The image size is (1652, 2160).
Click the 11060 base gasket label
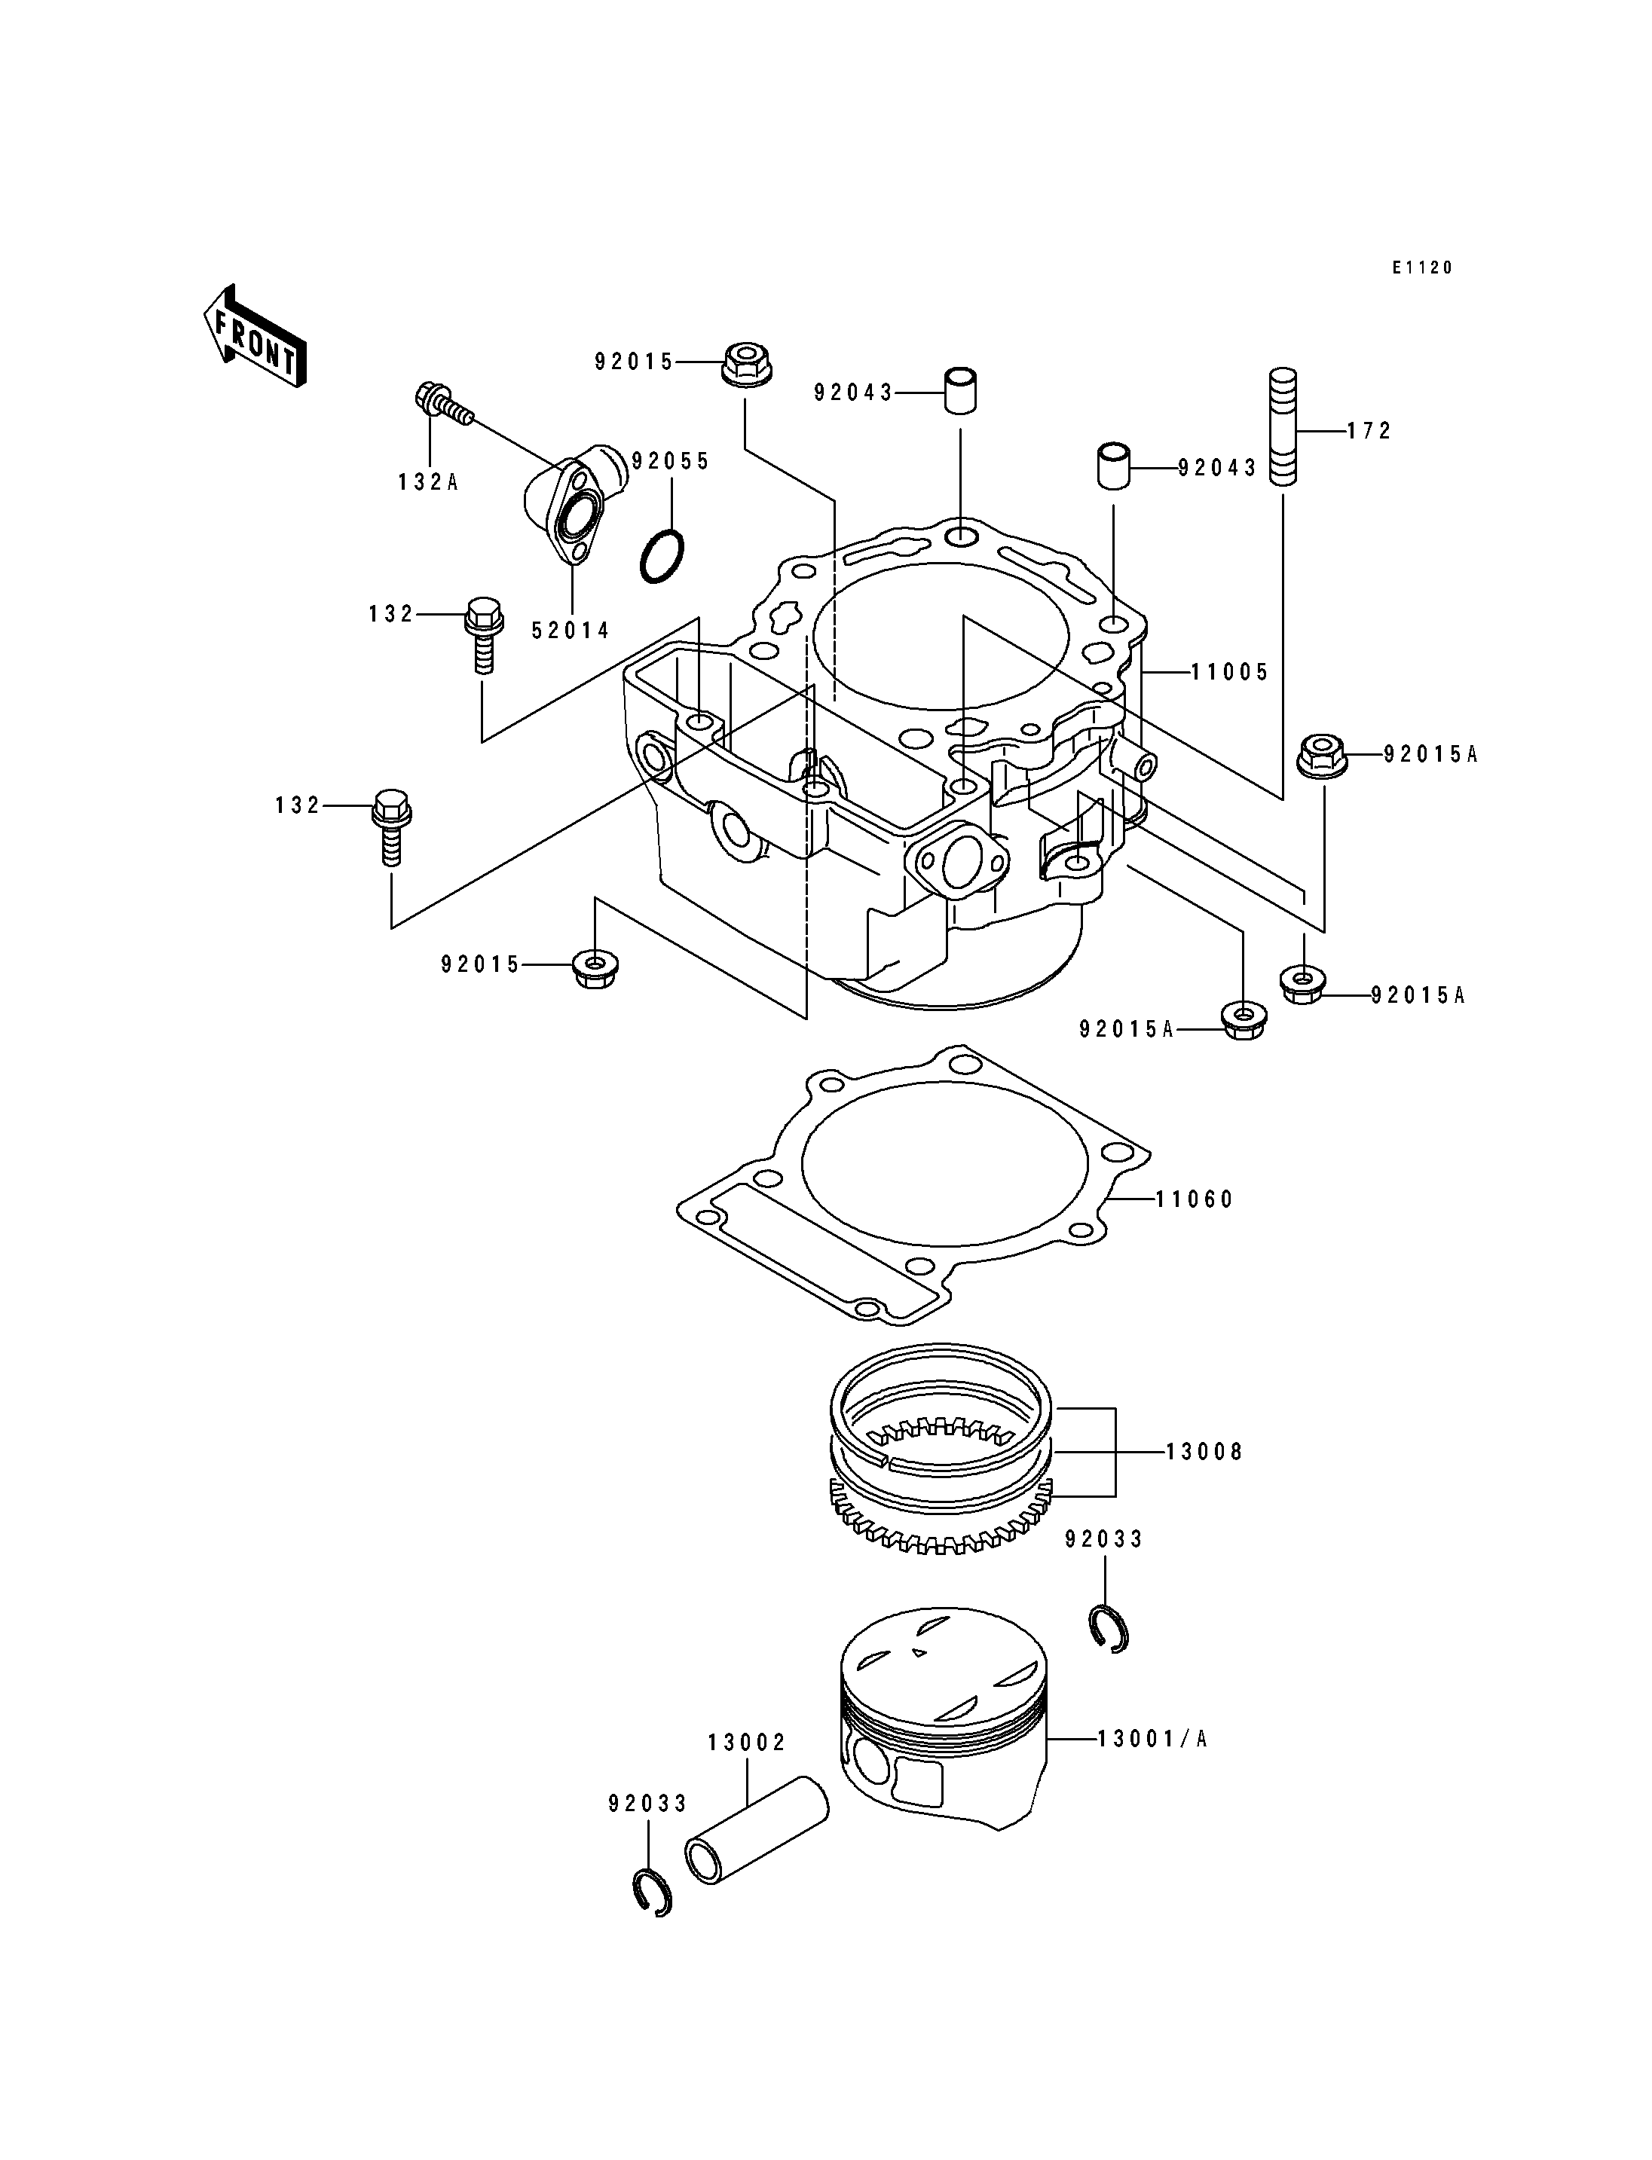[1194, 1199]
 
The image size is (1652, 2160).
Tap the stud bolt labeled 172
[1283, 426]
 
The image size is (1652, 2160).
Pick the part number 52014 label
[571, 630]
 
